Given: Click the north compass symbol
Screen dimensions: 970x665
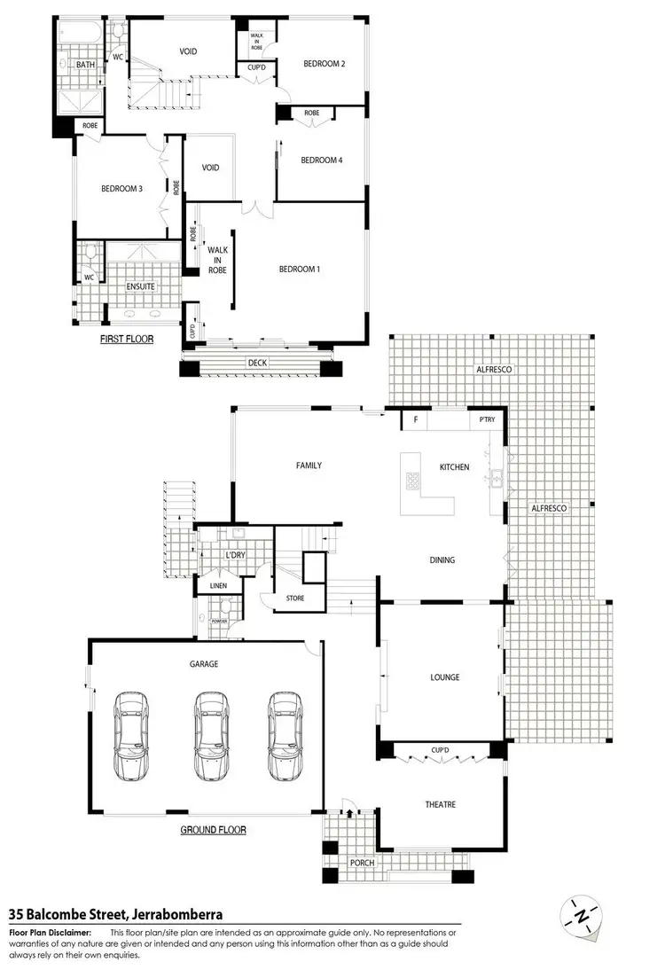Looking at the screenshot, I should click(580, 914).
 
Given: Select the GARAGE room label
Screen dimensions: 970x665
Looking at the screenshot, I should click(203, 663).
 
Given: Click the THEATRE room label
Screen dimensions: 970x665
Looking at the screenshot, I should click(440, 804).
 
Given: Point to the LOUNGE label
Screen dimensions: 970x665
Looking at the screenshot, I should click(444, 677).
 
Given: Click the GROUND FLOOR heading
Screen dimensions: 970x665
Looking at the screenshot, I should click(213, 830).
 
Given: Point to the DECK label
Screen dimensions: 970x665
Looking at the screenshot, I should click(258, 363).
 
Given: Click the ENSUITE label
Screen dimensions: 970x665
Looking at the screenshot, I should click(141, 286).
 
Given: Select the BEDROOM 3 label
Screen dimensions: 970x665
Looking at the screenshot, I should click(121, 188).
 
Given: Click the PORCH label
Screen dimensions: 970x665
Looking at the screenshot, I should click(362, 863).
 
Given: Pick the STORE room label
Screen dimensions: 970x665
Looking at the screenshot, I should click(295, 598).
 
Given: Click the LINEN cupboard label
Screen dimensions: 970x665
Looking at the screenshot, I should click(218, 586).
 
